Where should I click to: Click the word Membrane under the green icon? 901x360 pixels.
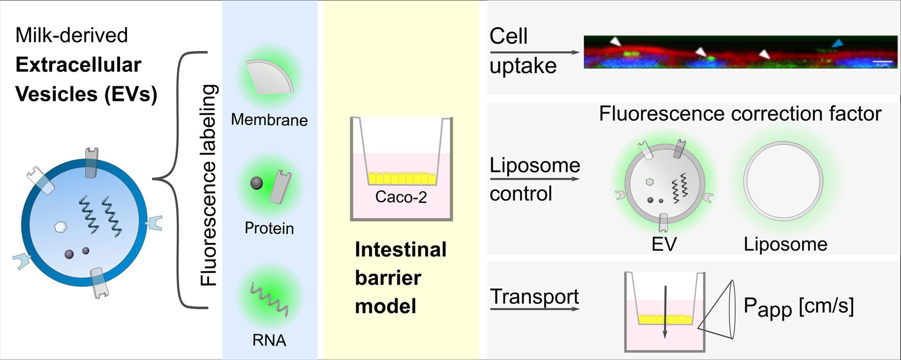pyautogui.click(x=269, y=120)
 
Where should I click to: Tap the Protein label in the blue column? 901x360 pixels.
pyautogui.click(x=269, y=228)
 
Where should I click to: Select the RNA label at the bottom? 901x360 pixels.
pyautogui.click(x=269, y=340)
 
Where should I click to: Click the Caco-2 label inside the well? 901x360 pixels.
pyautogui.click(x=401, y=197)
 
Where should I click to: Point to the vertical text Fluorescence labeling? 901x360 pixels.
pyautogui.click(x=209, y=185)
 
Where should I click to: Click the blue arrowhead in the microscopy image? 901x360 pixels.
pyautogui.click(x=837, y=43)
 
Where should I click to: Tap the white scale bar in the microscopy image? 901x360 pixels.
pyautogui.click(x=883, y=62)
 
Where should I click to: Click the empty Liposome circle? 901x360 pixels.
pyautogui.click(x=783, y=181)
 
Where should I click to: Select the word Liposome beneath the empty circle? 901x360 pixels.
pyautogui.click(x=785, y=244)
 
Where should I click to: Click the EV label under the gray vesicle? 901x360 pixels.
pyautogui.click(x=664, y=244)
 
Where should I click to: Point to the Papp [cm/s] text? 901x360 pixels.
pyautogui.click(x=798, y=307)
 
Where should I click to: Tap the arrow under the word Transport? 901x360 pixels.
pyautogui.click(x=535, y=309)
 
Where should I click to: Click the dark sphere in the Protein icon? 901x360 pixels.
pyautogui.click(x=256, y=183)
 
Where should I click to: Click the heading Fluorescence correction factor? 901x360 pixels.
pyautogui.click(x=740, y=114)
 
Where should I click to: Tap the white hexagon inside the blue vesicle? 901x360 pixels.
pyautogui.click(x=61, y=227)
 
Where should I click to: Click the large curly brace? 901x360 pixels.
pyautogui.click(x=179, y=179)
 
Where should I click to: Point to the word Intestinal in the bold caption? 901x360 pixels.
pyautogui.click(x=401, y=250)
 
